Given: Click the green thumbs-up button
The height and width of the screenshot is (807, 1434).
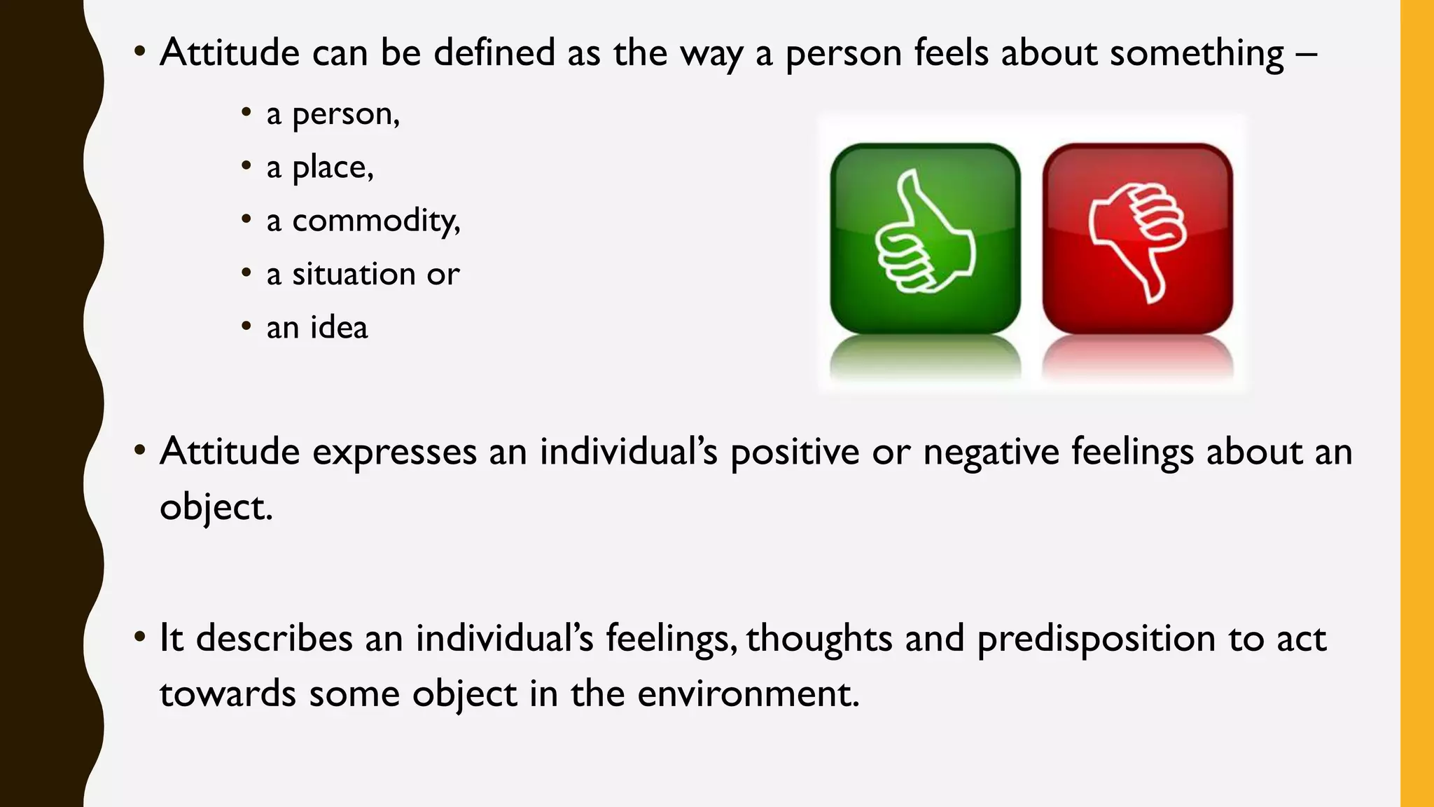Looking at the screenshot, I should click(925, 237).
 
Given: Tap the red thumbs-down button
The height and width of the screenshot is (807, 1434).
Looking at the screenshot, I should click(1137, 237).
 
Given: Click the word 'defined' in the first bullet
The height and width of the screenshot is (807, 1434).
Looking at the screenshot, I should click(494, 53).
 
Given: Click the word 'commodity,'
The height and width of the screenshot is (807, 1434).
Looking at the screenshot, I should click(376, 221).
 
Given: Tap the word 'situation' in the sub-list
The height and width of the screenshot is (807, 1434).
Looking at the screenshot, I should click(354, 274).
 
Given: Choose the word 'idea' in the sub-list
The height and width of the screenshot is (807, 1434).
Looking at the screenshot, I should click(339, 327).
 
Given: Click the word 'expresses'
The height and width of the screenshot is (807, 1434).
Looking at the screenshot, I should click(394, 453).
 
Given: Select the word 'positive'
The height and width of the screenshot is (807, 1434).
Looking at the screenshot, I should click(795, 453).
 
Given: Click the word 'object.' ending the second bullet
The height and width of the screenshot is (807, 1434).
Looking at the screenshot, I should click(216, 507).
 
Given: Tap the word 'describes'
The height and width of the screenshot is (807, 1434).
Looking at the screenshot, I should click(274, 639).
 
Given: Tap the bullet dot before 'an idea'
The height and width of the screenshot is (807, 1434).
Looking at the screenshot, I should click(246, 326).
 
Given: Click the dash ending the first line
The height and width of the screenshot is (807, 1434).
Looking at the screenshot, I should click(1307, 53).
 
